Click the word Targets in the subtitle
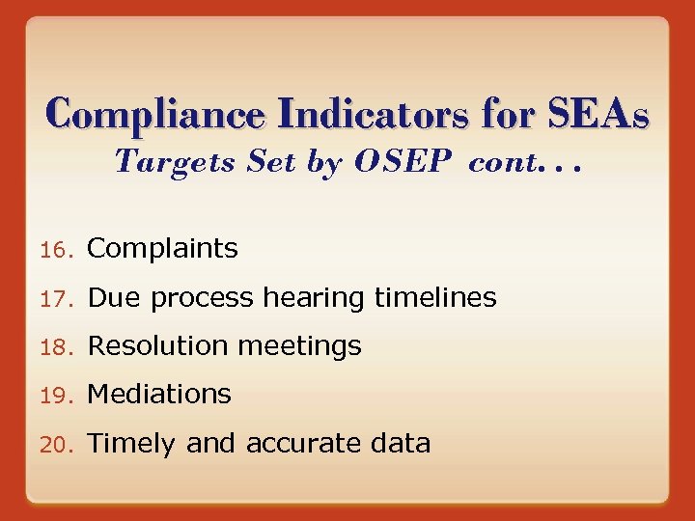175,162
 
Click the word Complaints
162,249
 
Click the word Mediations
159,394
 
